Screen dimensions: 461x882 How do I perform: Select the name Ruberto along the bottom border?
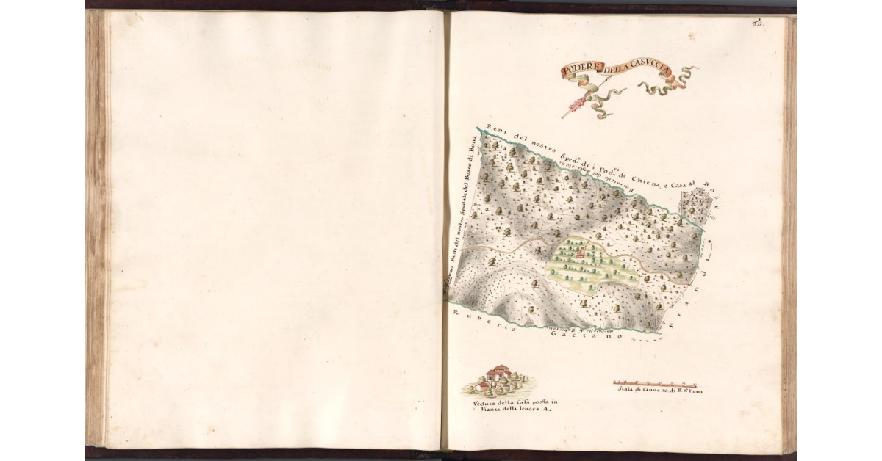click(474, 323)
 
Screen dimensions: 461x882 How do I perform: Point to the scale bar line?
click(654, 383)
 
